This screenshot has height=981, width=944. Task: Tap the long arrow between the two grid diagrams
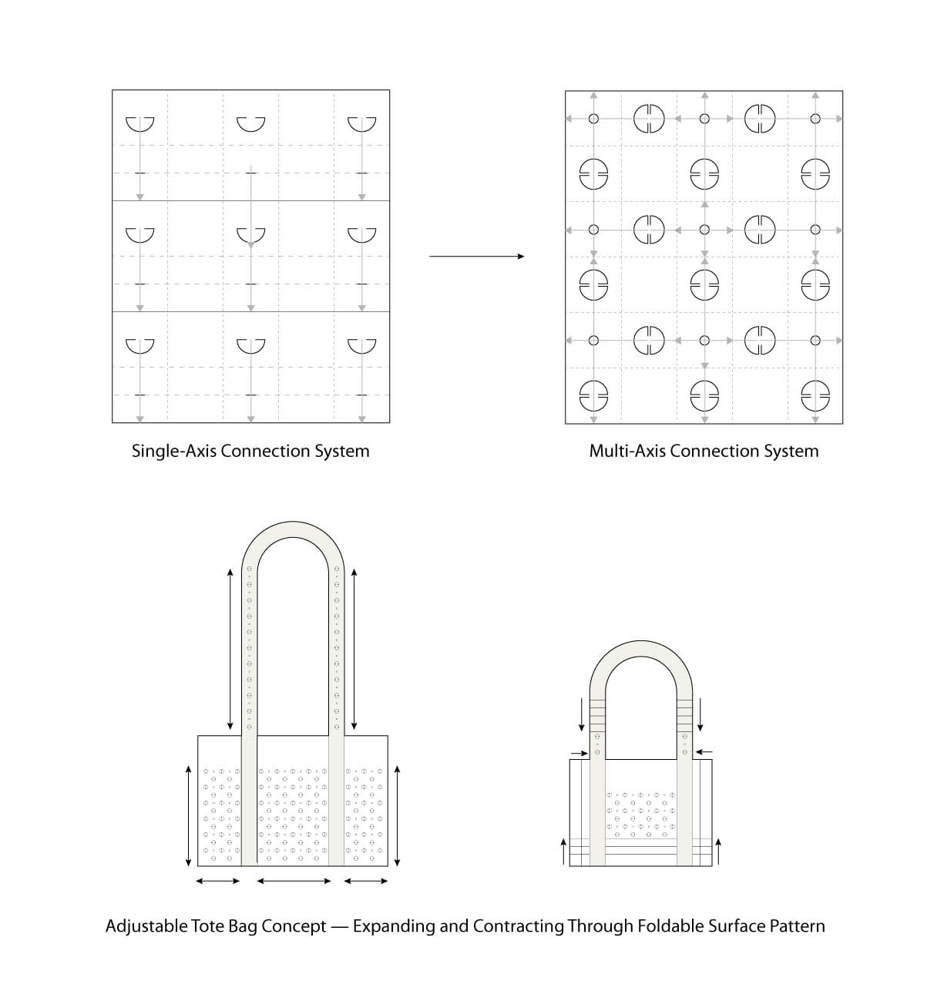click(476, 256)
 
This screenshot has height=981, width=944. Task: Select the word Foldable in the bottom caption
click(667, 926)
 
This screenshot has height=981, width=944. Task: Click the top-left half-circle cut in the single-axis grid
click(139, 123)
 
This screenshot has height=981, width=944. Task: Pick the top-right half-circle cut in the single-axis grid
click(361, 123)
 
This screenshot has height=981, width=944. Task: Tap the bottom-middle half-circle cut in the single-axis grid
click(250, 345)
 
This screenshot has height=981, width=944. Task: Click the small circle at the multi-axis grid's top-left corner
click(593, 119)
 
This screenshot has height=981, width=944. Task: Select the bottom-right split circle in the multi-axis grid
click(815, 395)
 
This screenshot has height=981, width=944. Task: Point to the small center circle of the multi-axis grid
click(704, 230)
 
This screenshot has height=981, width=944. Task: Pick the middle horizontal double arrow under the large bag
click(294, 881)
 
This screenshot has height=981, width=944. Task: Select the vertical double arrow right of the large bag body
click(398, 815)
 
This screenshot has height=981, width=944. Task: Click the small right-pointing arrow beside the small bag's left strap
click(580, 752)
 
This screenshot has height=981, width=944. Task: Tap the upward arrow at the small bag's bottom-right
click(718, 851)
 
